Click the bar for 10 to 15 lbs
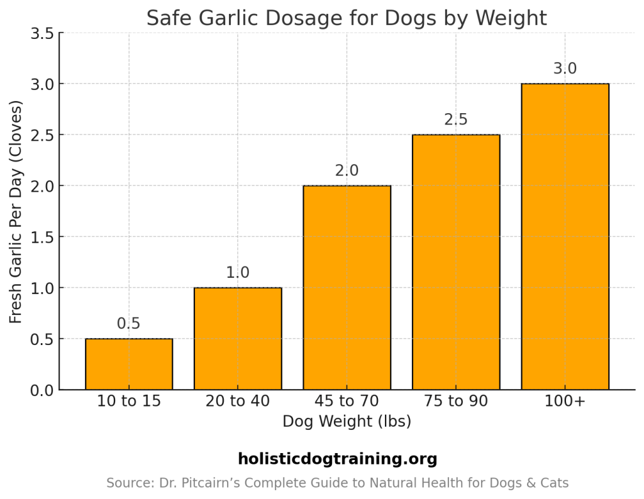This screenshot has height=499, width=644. coord(129,365)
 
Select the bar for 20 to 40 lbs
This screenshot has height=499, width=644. coord(238,339)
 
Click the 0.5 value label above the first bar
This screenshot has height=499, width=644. coord(129,324)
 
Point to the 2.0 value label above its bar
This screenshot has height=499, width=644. coord(347,171)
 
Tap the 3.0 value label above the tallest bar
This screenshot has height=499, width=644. coord(565,69)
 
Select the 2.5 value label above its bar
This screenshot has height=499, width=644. coord(456,120)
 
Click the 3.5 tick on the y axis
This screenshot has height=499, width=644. coord(42,33)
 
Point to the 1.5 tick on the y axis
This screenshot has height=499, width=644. coord(42,238)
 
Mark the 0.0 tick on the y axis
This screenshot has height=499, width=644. coord(42,390)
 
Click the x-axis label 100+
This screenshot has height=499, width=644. coord(565,401)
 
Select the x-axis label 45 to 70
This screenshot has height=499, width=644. coord(347,401)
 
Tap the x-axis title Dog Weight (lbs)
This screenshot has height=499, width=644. coord(347,421)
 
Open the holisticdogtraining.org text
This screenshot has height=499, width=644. coord(337,459)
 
